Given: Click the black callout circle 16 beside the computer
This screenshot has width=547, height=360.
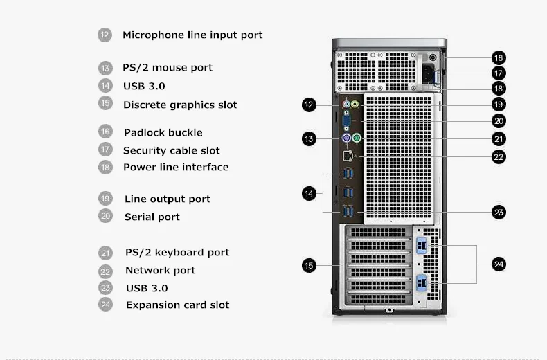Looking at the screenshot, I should pos(499,57).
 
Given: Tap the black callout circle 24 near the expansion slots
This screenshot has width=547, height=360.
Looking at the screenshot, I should pos(499,264).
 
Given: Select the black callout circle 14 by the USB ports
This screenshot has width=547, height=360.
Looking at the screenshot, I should pos(309,193).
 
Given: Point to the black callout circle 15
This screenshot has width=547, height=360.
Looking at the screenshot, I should pos(309,264).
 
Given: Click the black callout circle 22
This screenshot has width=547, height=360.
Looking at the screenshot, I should pos(499,156).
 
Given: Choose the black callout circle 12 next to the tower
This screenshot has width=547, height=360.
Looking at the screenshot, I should pos(309,105).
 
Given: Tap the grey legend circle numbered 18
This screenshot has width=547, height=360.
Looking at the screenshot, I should pos(105,167).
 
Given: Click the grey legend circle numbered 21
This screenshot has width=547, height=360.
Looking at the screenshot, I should pos(105,253).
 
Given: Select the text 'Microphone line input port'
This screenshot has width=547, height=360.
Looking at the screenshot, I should pos(192,35).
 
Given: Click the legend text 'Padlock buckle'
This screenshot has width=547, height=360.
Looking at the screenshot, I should pos(163,132).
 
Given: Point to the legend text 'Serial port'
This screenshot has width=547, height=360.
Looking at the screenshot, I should pos(152,217).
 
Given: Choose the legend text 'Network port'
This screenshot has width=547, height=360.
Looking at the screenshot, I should pos(161,270).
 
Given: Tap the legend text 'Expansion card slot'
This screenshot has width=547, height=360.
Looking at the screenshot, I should pos(177,305).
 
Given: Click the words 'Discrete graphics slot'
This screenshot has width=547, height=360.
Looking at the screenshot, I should pos(180,105).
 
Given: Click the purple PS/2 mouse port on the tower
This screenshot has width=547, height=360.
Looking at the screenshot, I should pos(346,138).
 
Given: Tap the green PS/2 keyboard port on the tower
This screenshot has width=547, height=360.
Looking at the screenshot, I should pos(357,138).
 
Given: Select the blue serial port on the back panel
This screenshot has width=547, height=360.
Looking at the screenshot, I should pos(346,122).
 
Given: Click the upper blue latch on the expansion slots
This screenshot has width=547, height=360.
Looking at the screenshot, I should pos(422,246).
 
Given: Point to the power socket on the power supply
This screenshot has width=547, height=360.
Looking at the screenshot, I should pos(429,71).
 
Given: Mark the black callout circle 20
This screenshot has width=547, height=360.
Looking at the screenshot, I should pos(499,120).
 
